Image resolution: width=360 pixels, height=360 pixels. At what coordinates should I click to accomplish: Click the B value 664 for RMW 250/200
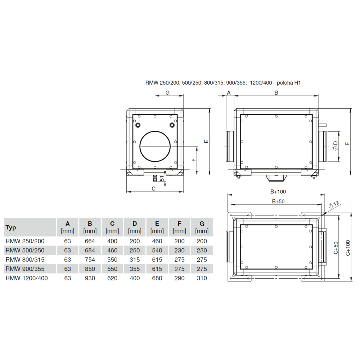[90, 241]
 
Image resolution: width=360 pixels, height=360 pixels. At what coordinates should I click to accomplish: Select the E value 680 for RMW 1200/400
[157, 278]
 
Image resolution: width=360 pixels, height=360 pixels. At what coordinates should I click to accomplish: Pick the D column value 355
[135, 269]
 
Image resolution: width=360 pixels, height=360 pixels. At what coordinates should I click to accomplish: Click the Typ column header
[11, 227]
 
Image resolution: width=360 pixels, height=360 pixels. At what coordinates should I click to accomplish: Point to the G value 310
[202, 278]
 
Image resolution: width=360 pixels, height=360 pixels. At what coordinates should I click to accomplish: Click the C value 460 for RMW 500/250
[112, 250]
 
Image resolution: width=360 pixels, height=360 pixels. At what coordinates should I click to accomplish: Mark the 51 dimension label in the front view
[162, 179]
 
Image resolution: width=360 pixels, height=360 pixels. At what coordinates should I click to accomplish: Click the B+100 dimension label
[278, 192]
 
